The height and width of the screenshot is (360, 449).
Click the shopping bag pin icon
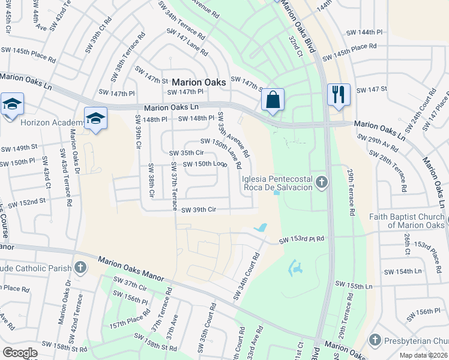273,100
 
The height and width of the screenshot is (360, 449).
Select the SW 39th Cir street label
199,209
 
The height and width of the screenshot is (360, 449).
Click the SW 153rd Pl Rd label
301,240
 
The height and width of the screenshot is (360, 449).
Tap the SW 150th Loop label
203,164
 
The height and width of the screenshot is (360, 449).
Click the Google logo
20,352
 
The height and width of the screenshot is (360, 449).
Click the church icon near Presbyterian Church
375,340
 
